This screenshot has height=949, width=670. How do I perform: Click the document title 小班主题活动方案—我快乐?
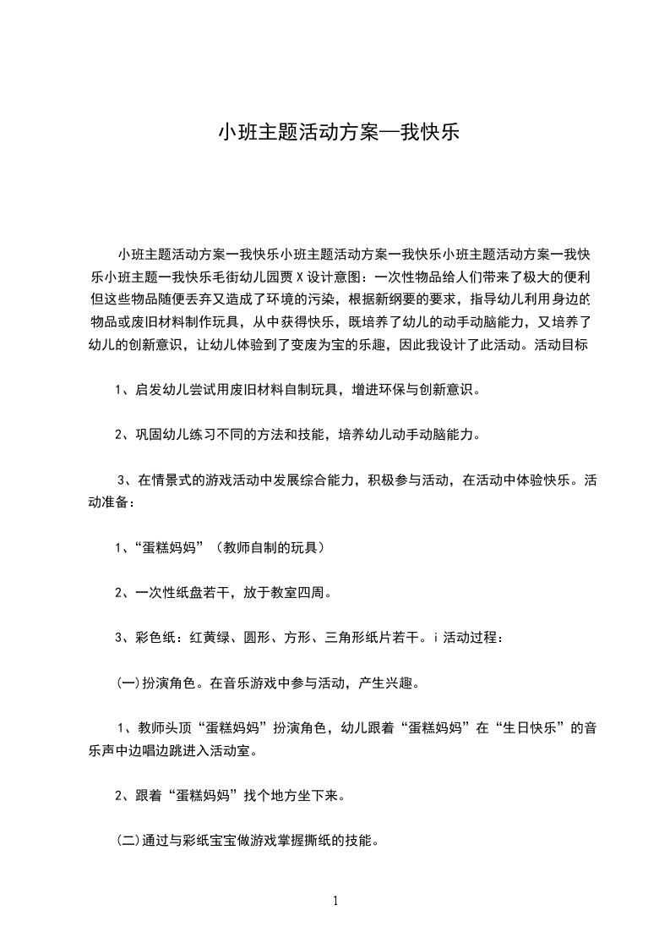pyautogui.click(x=339, y=133)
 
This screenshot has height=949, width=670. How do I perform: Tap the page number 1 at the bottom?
pyautogui.click(x=336, y=901)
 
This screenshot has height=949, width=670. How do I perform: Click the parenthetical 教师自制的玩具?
pyautogui.click(x=270, y=547)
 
